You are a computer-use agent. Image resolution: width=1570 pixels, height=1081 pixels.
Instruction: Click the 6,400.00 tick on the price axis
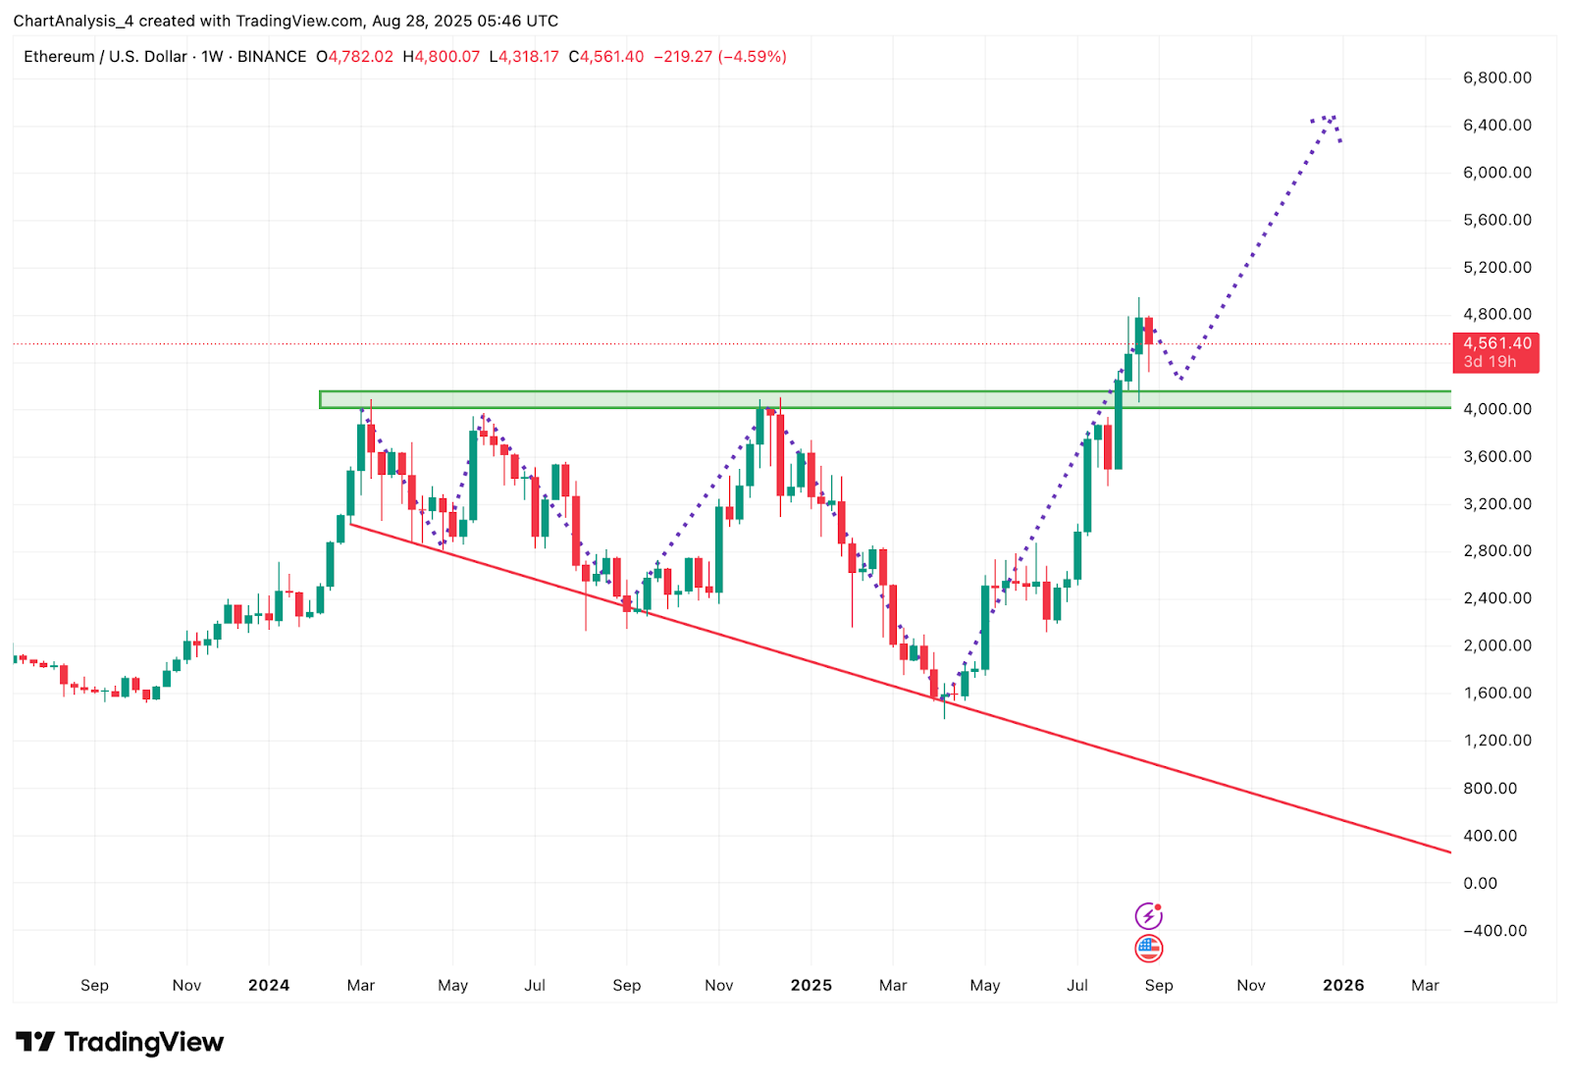(x=1496, y=126)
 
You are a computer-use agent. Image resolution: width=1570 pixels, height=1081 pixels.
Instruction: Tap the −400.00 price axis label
(x=1494, y=931)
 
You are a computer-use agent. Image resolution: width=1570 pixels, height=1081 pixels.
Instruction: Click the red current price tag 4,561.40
(x=1495, y=352)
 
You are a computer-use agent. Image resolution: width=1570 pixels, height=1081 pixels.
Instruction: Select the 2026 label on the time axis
(x=1342, y=986)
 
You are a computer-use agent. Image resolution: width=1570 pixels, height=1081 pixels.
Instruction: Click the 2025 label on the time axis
(x=811, y=986)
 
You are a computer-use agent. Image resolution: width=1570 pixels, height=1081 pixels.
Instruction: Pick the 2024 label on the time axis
(x=268, y=986)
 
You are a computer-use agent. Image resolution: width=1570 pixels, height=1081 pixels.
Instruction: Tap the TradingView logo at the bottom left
(x=120, y=1042)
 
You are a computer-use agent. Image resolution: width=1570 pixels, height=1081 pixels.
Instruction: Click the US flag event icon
(x=1148, y=949)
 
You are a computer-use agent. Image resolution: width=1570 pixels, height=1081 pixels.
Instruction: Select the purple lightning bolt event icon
(x=1148, y=916)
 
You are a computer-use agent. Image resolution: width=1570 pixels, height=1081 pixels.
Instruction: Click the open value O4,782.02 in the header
(x=354, y=57)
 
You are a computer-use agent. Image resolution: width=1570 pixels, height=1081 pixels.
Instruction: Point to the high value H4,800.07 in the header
(x=441, y=57)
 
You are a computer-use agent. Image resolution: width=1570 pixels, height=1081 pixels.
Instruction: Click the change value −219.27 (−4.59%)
(x=719, y=57)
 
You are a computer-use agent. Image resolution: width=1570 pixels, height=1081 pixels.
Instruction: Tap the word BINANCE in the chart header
(x=272, y=57)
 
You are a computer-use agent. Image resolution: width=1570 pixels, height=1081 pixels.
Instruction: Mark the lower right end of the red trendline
(x=1448, y=851)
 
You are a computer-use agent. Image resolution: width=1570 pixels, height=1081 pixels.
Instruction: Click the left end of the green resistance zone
(x=322, y=399)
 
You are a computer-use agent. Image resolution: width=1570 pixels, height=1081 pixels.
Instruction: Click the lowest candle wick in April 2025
(x=944, y=717)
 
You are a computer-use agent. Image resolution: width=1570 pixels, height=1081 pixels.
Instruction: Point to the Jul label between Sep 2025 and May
(x=1076, y=986)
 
